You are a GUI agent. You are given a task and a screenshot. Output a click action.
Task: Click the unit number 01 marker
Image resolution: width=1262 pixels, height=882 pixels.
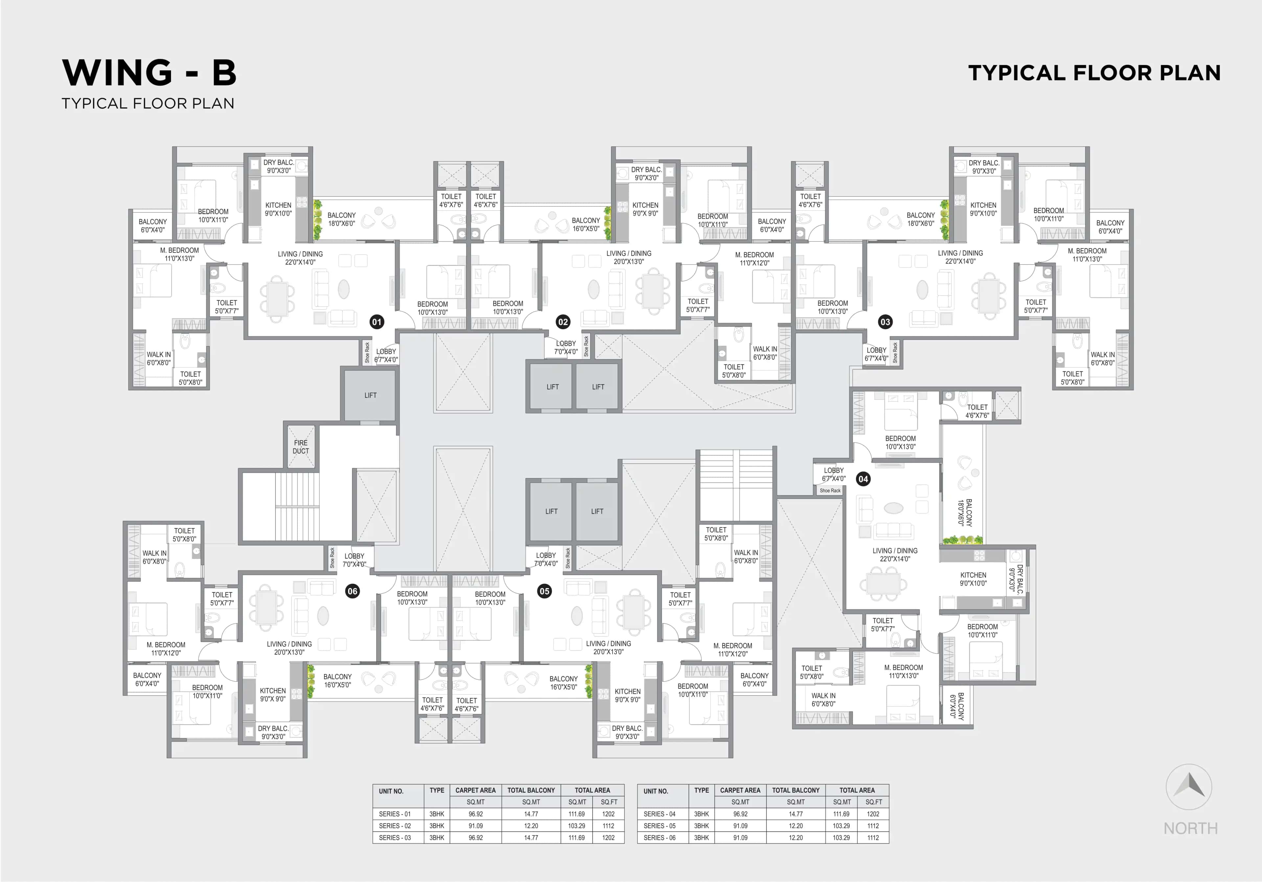pyautogui.click(x=377, y=322)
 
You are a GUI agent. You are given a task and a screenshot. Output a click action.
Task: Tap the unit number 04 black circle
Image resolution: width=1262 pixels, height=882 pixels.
pyautogui.click(x=863, y=479)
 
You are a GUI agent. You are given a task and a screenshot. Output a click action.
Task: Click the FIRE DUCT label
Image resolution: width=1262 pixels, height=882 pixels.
pyautogui.click(x=301, y=447)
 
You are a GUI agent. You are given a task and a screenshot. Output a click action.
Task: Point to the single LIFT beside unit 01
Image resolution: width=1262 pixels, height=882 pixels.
pyautogui.click(x=370, y=395)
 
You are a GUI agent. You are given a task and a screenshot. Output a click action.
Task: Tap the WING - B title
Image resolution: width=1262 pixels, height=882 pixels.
pyautogui.click(x=150, y=73)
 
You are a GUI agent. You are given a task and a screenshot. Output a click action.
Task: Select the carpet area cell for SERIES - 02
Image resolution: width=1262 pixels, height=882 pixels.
pyautogui.click(x=476, y=826)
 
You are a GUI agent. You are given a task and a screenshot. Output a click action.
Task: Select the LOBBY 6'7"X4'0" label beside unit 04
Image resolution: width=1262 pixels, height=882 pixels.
pyautogui.click(x=833, y=474)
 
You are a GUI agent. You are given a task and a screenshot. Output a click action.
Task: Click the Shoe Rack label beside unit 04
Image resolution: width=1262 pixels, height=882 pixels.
pyautogui.click(x=830, y=491)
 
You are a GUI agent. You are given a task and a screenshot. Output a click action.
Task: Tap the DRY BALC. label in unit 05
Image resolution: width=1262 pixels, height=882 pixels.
pyautogui.click(x=627, y=732)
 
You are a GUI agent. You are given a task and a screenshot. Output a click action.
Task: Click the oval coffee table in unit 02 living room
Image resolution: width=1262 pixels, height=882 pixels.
pyautogui.click(x=594, y=289)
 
